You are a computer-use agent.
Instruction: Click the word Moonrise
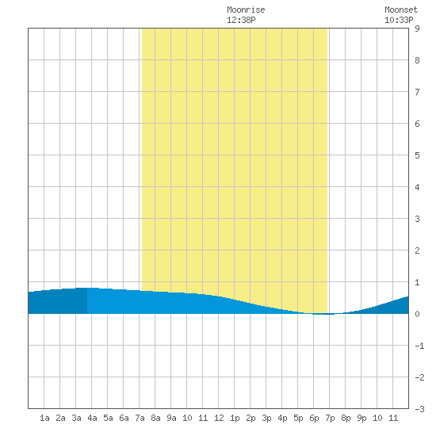point(246,10)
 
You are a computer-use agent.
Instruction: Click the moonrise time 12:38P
point(241,20)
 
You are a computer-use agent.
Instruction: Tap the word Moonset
point(401,10)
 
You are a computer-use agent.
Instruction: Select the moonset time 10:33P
point(399,20)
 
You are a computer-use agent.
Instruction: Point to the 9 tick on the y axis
point(417,29)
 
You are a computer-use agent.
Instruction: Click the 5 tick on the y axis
point(417,155)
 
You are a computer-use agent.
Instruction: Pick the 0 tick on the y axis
point(417,314)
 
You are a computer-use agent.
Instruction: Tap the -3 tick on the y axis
point(419,409)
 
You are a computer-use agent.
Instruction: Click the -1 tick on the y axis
point(419,346)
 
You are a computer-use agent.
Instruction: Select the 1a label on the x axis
point(44,418)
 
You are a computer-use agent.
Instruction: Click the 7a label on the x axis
point(140,418)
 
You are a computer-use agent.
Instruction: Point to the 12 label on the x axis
point(219,418)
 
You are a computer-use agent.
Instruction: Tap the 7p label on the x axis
point(330,418)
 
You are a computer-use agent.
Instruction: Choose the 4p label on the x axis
point(282,418)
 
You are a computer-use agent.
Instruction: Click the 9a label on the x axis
point(171,418)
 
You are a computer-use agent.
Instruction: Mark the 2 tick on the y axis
point(417,251)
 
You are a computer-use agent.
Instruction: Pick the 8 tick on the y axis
point(417,60)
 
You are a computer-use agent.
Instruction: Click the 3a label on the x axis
point(76,418)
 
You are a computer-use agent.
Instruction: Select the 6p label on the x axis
point(314,418)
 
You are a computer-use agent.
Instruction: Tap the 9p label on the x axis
point(361,418)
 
